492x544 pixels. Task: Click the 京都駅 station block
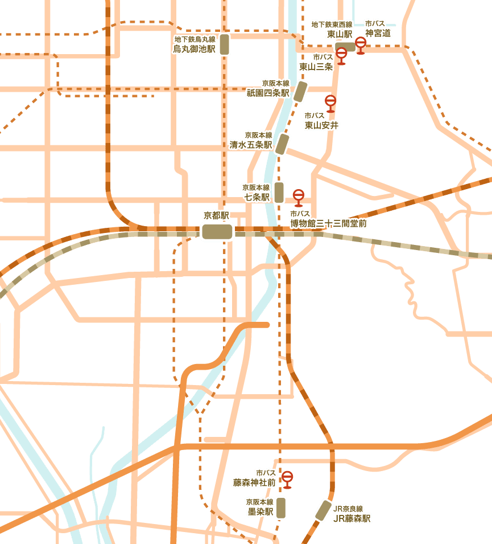pyautogui.click(x=217, y=232)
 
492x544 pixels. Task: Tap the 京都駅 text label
pyautogui.click(x=216, y=216)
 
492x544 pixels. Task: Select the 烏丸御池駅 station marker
pyautogui.click(x=225, y=44)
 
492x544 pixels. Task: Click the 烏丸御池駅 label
pyautogui.click(x=195, y=49)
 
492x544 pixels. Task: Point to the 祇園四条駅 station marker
pyautogui.click(x=300, y=91)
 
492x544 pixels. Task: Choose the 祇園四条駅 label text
pyautogui.click(x=268, y=92)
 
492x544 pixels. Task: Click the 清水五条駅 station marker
pyautogui.click(x=283, y=144)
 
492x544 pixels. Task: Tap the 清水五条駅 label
pyautogui.click(x=250, y=145)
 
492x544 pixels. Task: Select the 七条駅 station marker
pyautogui.click(x=279, y=193)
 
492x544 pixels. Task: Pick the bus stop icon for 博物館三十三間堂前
pyautogui.click(x=299, y=197)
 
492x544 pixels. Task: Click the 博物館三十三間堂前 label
pyautogui.click(x=328, y=223)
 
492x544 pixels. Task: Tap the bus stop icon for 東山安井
pyautogui.click(x=330, y=103)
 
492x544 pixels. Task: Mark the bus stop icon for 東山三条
pyautogui.click(x=341, y=55)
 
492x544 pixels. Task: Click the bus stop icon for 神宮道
pyautogui.click(x=361, y=44)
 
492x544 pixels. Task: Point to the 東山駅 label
pyautogui.click(x=340, y=34)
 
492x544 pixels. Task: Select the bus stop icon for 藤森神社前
pyautogui.click(x=287, y=478)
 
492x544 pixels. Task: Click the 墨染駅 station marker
pyautogui.click(x=280, y=508)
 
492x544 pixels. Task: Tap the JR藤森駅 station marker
pyautogui.click(x=323, y=510)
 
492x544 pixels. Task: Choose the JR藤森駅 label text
pyautogui.click(x=352, y=518)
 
